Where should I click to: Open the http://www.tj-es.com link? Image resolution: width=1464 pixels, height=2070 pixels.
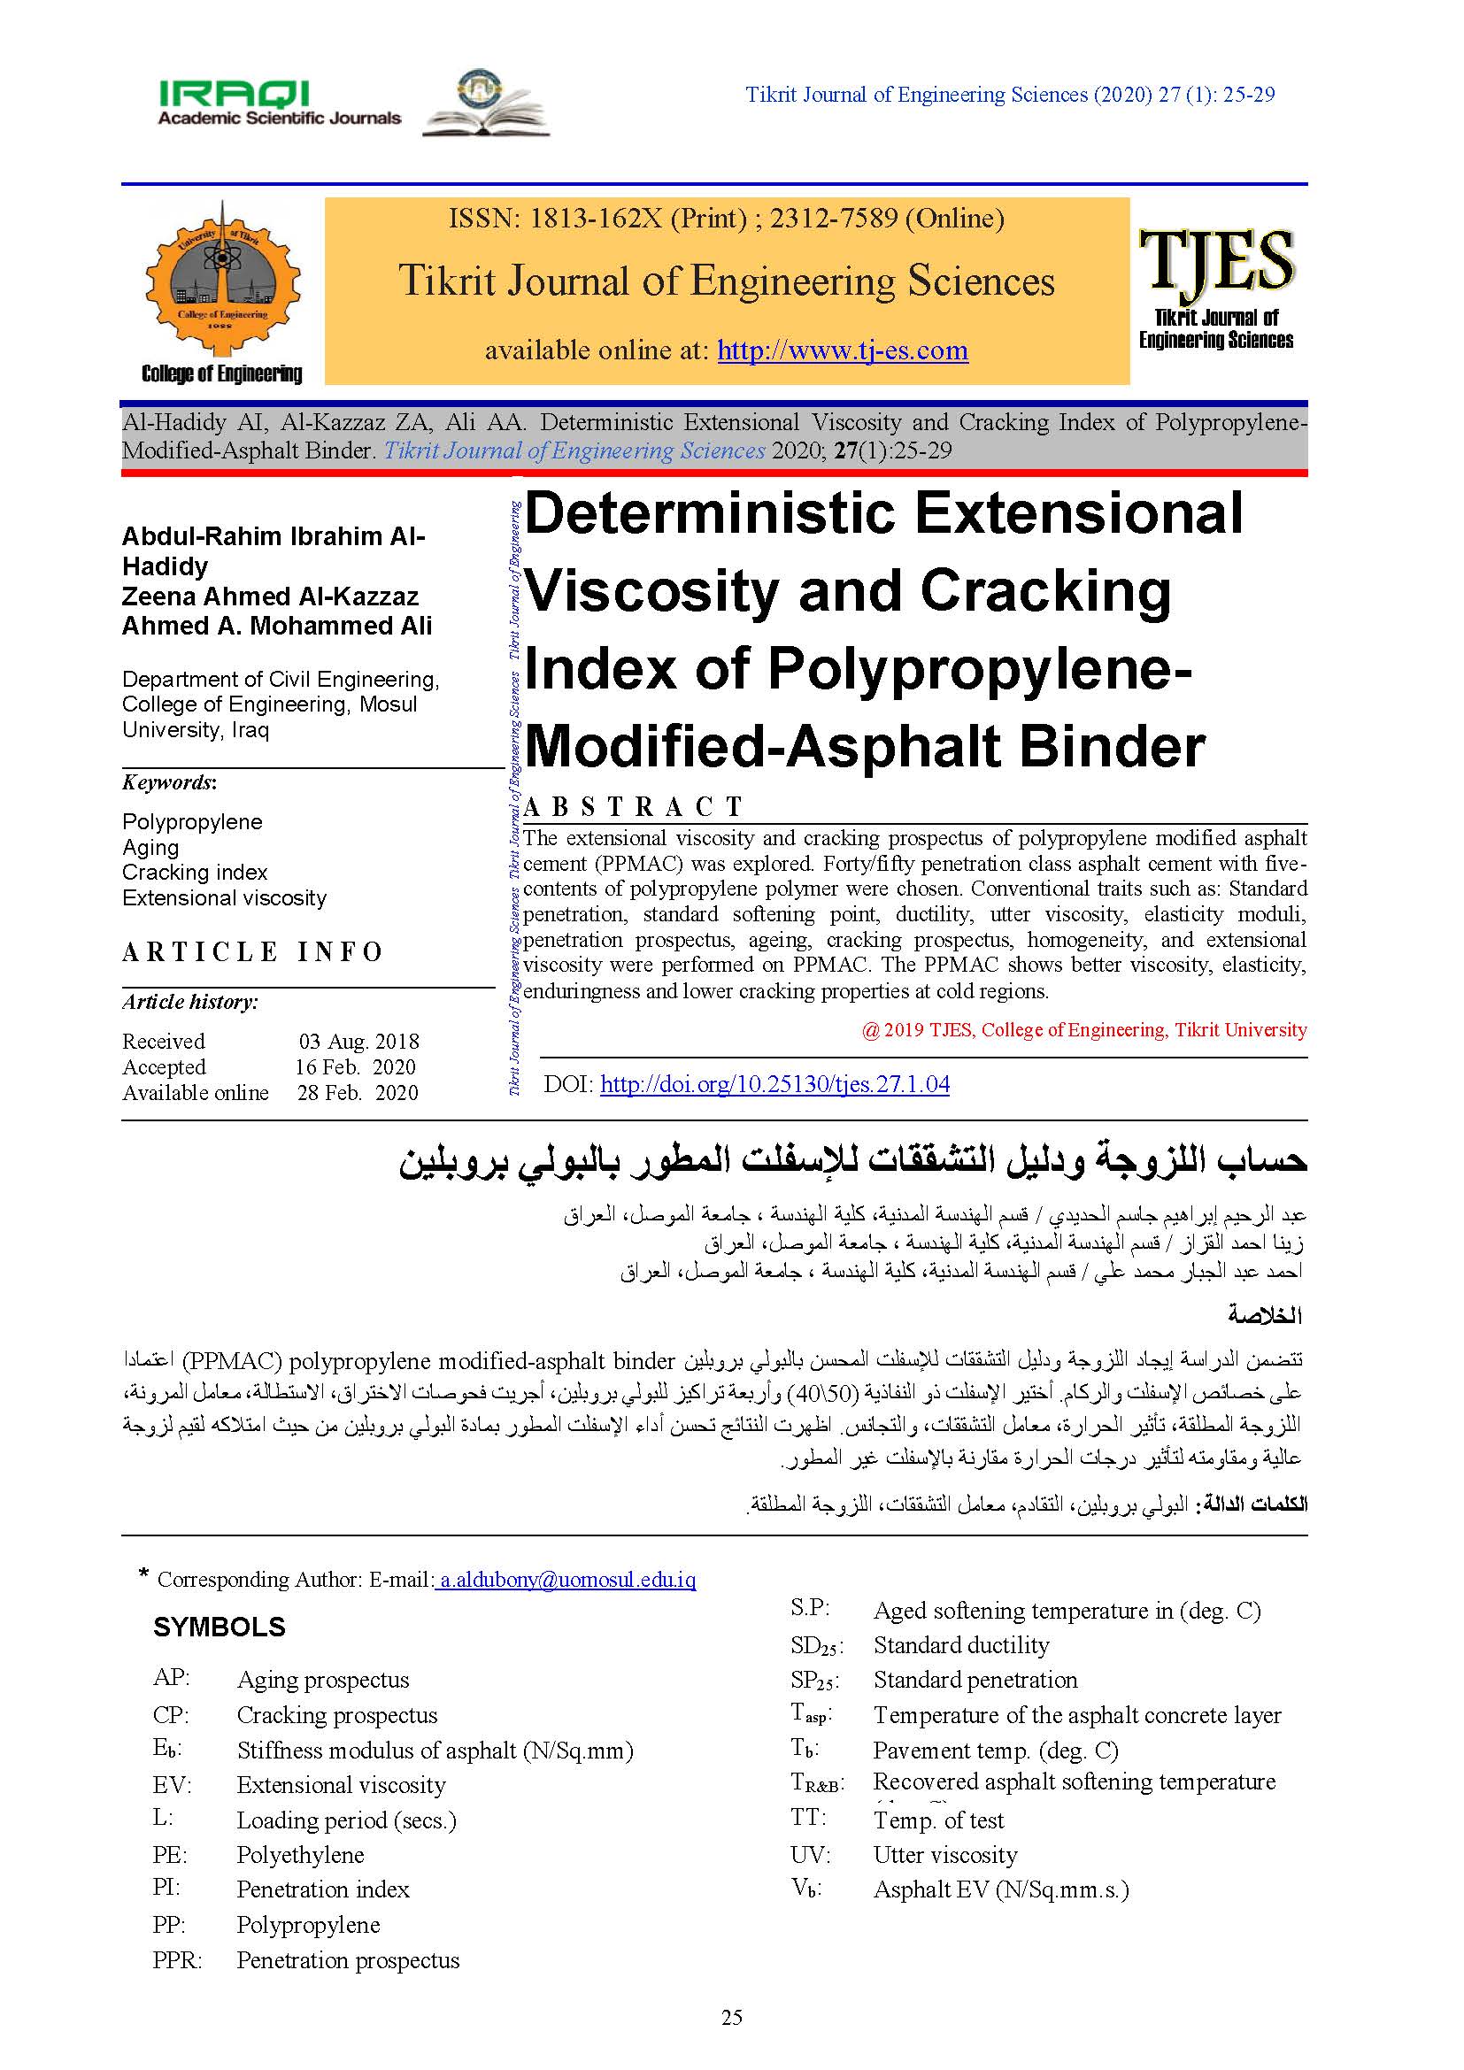coord(842,350)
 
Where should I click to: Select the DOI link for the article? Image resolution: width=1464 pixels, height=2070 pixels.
coord(774,1084)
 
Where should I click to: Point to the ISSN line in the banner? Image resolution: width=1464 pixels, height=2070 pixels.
coord(726,219)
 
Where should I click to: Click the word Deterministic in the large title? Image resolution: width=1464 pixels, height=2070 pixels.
coord(709,514)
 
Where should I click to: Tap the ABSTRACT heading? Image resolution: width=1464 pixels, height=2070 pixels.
coord(633,806)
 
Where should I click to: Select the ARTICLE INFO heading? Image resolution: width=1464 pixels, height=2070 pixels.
coord(253,952)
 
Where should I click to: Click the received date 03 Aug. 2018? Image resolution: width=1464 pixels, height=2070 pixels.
coord(358,1042)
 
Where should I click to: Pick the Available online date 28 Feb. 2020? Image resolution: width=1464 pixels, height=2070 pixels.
coord(357,1093)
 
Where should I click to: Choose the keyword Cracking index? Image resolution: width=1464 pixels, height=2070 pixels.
coord(195,872)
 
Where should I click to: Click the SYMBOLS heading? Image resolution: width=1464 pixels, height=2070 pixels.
coord(219,1628)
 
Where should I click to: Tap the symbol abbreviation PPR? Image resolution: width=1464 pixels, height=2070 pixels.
coord(178,1960)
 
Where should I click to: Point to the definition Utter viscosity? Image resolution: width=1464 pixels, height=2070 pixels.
coord(944,1855)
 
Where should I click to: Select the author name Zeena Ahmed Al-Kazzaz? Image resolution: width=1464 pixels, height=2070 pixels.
coord(271,596)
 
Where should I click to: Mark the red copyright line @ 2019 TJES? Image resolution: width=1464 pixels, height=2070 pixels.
coord(1083,1029)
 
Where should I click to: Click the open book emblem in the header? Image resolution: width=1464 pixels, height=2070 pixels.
coord(486,104)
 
